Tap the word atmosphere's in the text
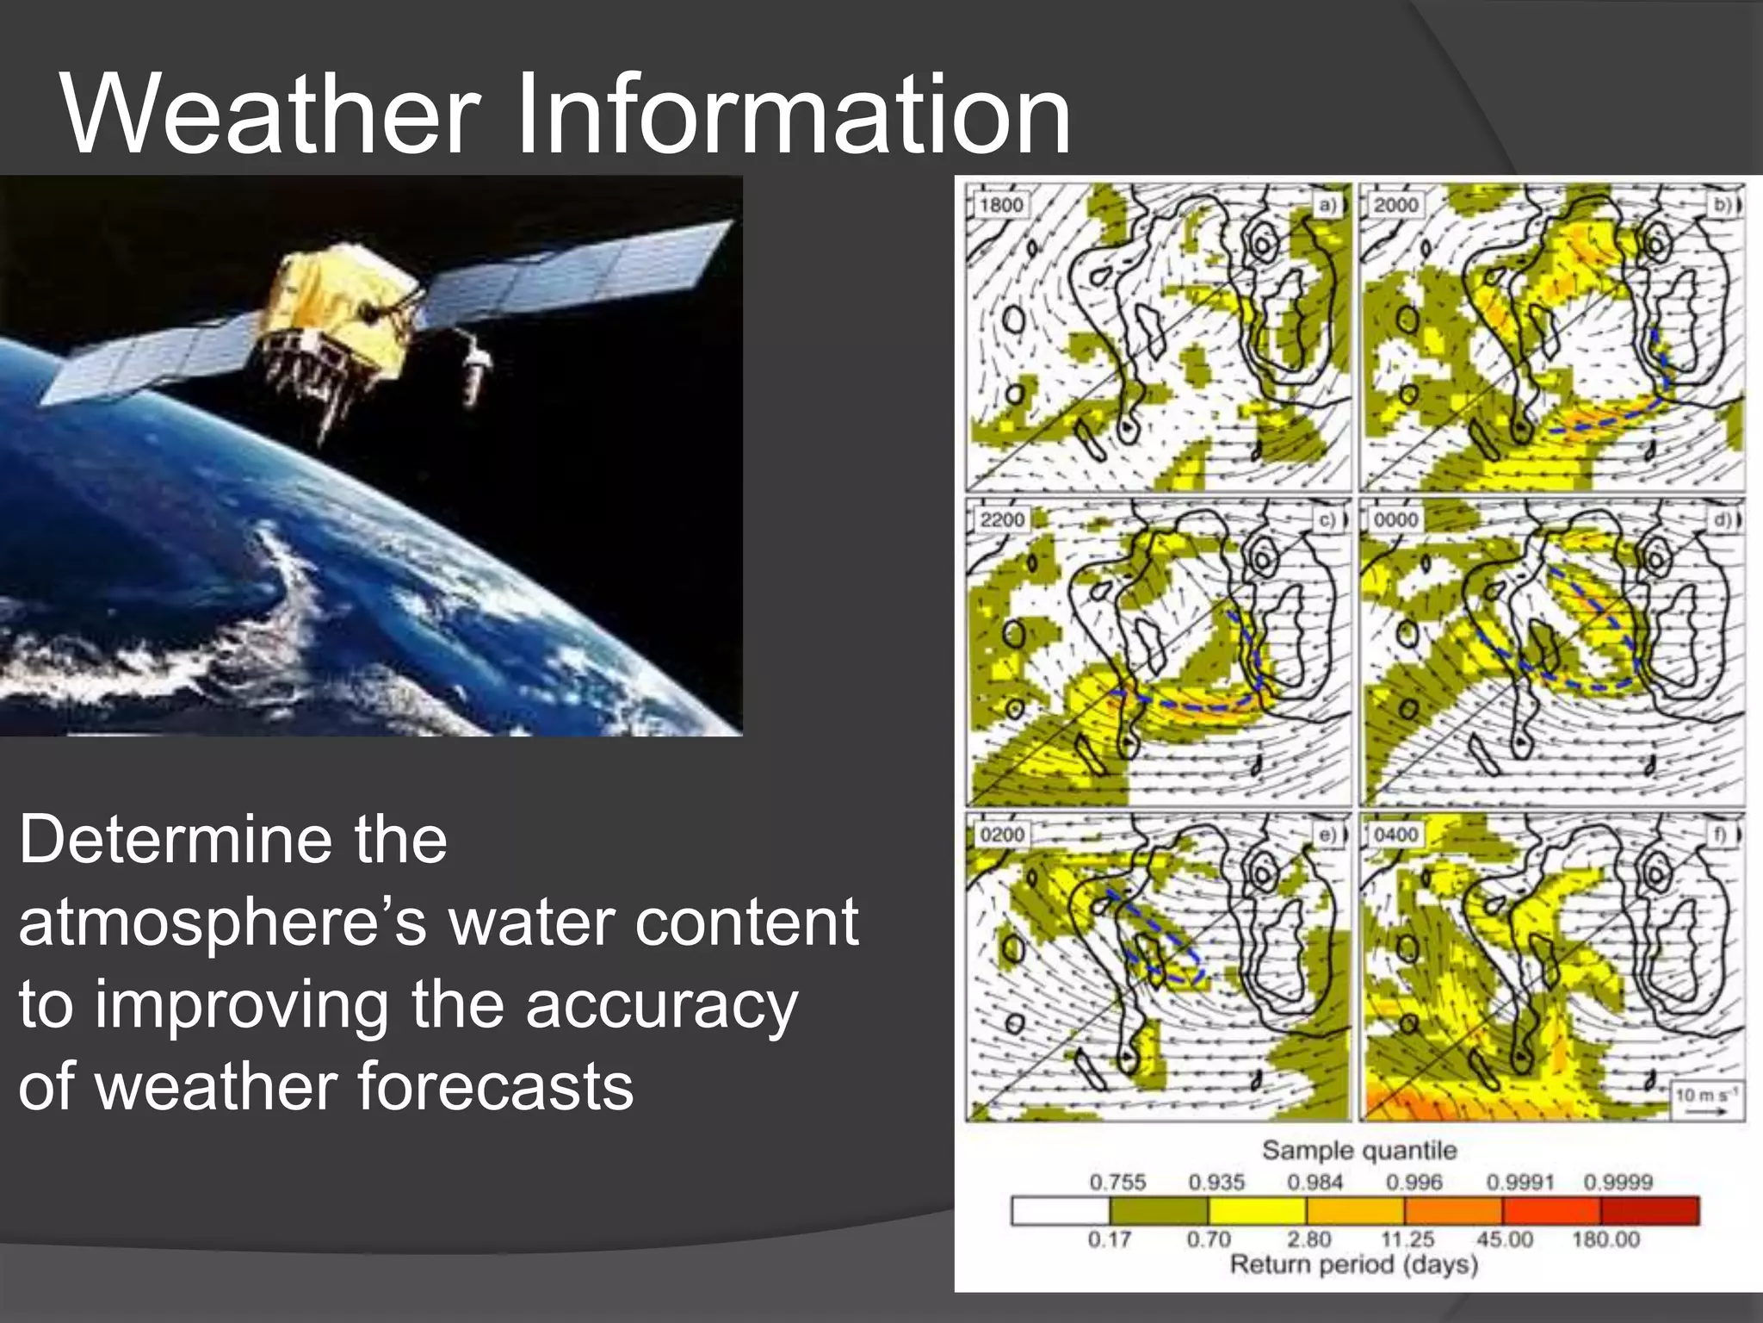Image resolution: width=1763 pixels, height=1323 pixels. (x=222, y=922)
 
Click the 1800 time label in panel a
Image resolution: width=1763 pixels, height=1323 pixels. (x=1000, y=205)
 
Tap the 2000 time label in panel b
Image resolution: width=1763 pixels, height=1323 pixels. (x=1395, y=205)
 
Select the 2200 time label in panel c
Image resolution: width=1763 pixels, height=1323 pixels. (x=1002, y=519)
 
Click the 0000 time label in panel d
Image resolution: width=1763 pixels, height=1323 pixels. (x=1395, y=519)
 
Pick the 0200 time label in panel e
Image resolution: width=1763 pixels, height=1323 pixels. (x=1002, y=835)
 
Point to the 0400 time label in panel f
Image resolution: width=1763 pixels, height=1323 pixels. (x=1395, y=835)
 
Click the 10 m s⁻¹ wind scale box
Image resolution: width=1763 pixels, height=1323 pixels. (x=1707, y=1101)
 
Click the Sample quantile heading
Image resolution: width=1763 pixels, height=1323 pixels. (x=1358, y=1151)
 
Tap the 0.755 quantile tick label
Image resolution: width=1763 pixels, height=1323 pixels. (x=1117, y=1183)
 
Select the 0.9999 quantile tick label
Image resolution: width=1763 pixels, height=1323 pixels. (x=1618, y=1183)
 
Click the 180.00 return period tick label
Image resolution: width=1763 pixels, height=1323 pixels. (x=1605, y=1239)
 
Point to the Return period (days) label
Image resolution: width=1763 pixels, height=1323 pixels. (x=1353, y=1264)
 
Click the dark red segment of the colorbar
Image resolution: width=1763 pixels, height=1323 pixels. (x=1649, y=1210)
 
